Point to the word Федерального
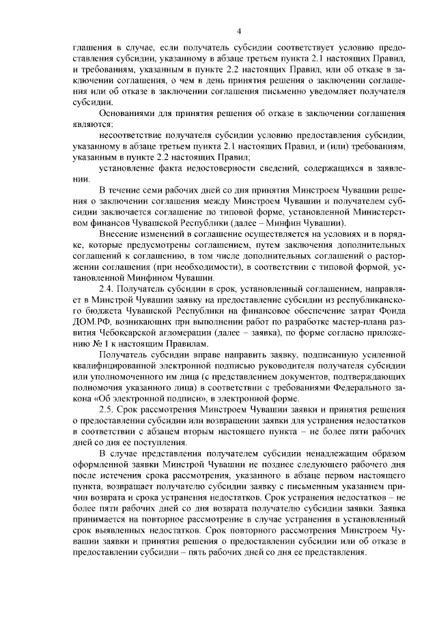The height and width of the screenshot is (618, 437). click(359, 388)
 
